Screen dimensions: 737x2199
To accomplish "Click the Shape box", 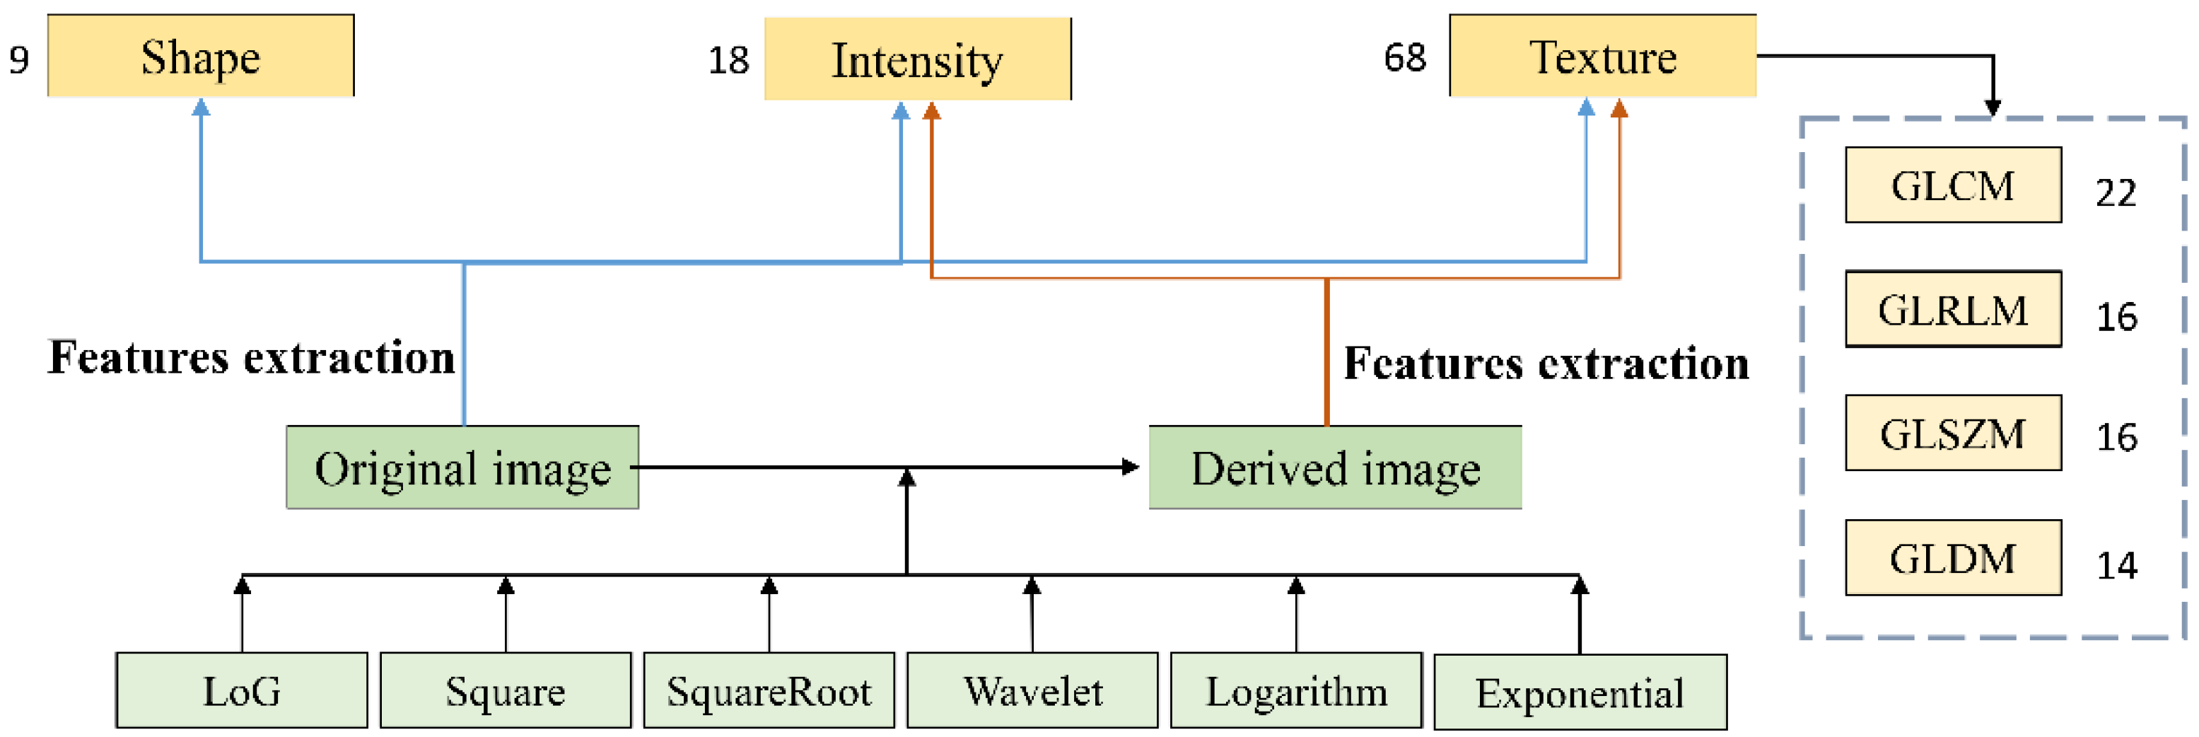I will coord(201,57).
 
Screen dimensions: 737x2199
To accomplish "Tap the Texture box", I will coord(1602,57).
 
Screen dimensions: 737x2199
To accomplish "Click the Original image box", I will coord(462,468).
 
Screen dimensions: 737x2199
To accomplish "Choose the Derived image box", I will coord(1335,468).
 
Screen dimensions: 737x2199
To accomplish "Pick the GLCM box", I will coord(1953,185).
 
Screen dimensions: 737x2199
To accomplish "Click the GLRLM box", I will coord(1953,309).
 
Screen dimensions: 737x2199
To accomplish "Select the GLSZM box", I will coord(1953,433).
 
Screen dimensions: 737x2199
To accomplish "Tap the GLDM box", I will coord(1953,557).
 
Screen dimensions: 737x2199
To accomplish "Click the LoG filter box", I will coord(242,691).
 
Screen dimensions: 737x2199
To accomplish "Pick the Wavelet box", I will coord(1032,691).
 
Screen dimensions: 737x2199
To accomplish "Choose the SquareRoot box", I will coord(769,691).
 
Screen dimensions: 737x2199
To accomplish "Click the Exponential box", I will coord(1580,692).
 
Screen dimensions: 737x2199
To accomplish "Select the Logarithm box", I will coord(1296,691).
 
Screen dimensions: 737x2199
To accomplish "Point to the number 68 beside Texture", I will coord(1405,58).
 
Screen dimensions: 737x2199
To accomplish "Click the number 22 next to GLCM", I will coord(2116,193).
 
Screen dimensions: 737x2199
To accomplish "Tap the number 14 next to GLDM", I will coord(2117,565).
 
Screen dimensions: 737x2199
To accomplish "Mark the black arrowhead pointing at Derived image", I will coord(1131,467).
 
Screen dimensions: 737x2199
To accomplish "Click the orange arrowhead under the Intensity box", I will coord(932,111).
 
